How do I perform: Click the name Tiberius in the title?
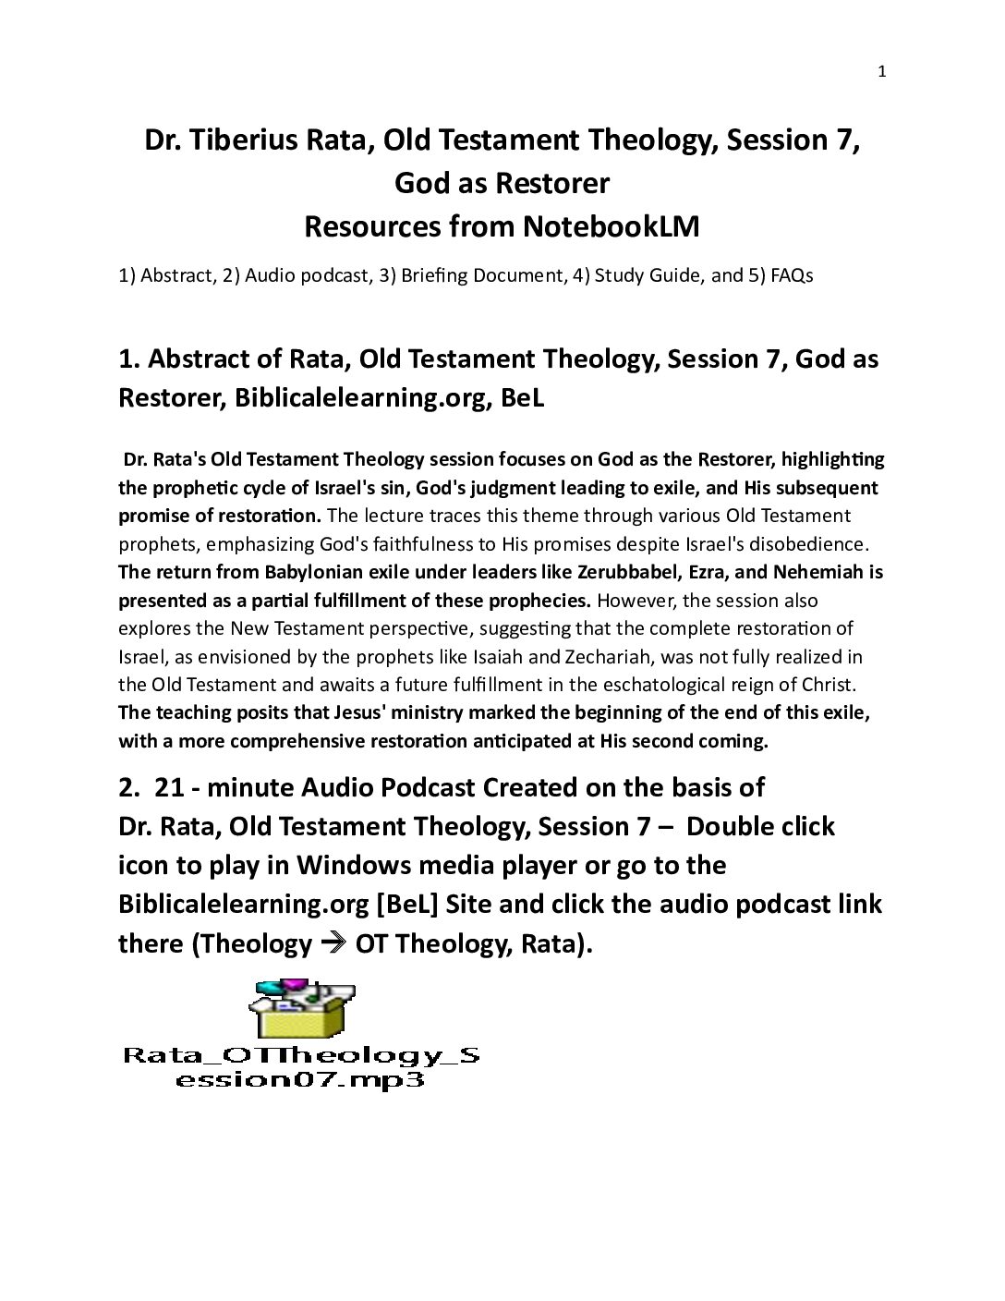click(242, 140)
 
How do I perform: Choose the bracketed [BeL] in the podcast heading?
click(406, 904)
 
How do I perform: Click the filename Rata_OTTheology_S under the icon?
click(302, 1055)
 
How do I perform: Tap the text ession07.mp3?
click(300, 1079)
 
